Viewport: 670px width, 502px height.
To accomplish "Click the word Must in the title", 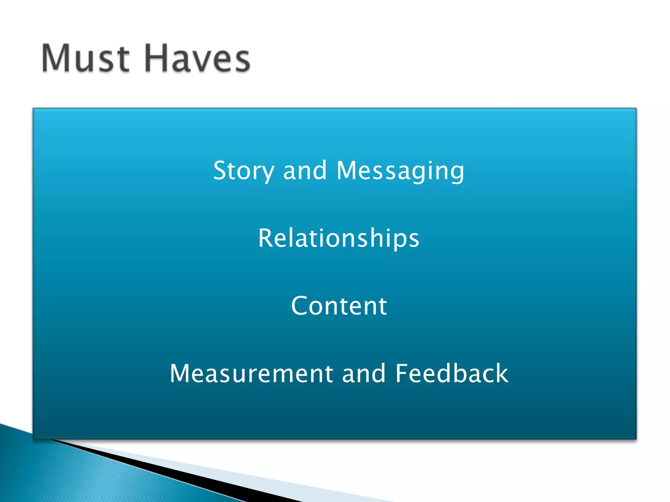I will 86,59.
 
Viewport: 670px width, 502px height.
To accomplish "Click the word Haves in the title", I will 197,59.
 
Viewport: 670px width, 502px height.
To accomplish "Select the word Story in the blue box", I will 244,171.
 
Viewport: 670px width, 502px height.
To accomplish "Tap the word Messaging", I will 400,171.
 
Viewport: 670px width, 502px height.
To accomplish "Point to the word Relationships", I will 339,238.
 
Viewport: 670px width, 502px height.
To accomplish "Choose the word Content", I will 339,306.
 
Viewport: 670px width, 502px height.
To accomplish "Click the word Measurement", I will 251,373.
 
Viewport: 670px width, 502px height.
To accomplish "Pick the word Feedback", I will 452,373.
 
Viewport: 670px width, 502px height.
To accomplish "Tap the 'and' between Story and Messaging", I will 305,171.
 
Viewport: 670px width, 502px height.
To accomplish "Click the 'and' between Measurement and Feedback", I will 364,373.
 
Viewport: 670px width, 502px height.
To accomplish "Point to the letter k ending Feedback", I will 501,373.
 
